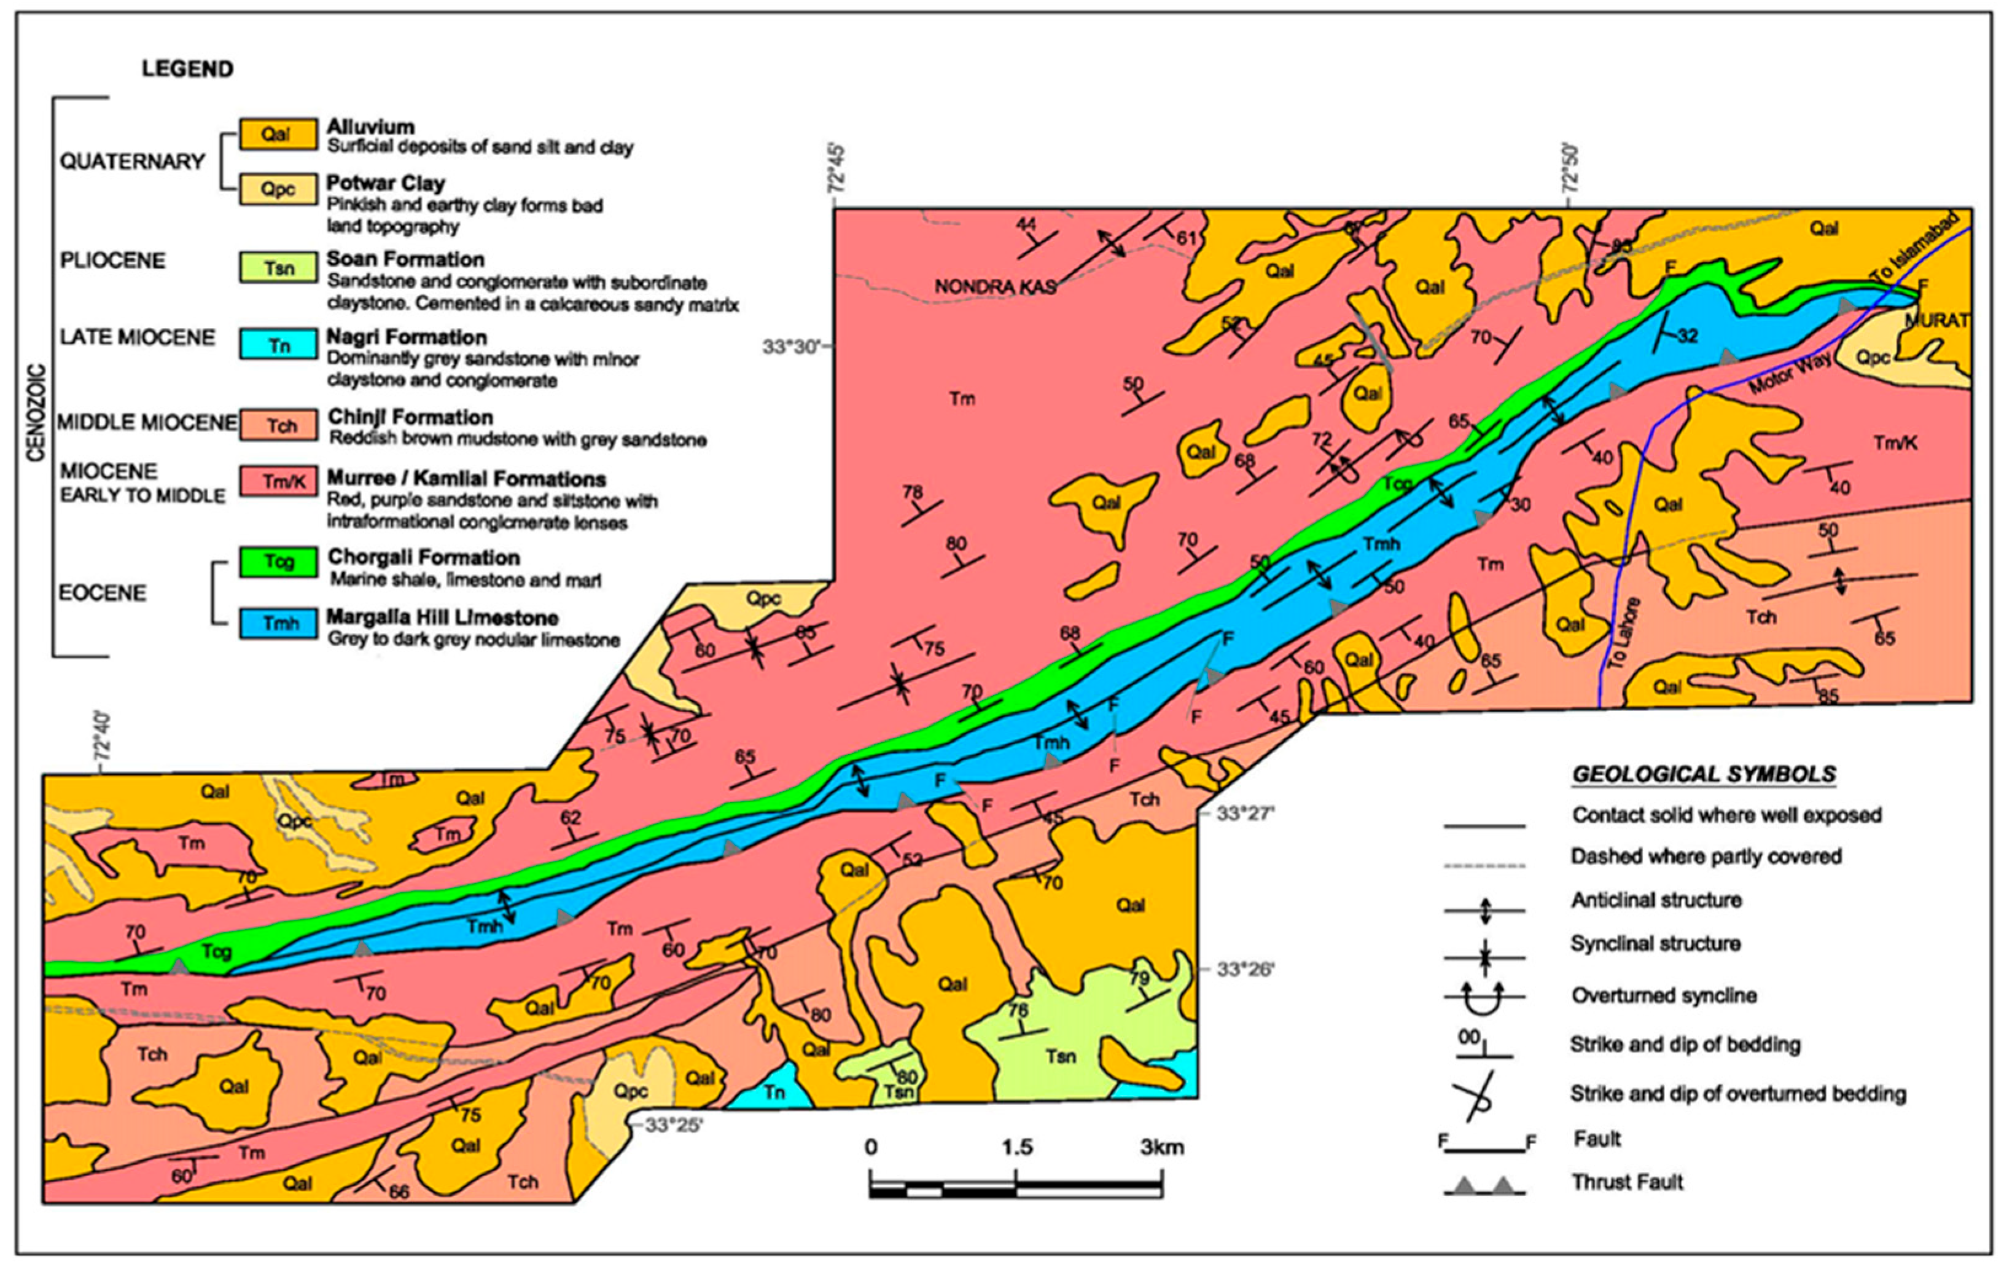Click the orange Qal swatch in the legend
click(278, 134)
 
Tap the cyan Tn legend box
click(279, 344)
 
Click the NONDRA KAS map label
click(996, 287)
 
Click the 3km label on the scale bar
click(1162, 1148)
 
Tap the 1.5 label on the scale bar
click(1016, 1148)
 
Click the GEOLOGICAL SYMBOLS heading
click(1704, 774)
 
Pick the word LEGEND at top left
click(187, 68)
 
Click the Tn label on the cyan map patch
click(774, 1092)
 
